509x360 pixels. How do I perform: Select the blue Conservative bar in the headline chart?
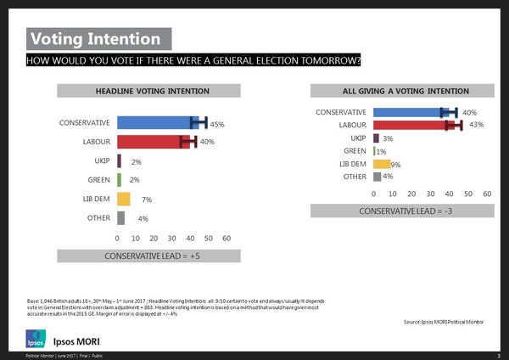point(157,123)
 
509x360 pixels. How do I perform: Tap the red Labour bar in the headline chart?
point(153,142)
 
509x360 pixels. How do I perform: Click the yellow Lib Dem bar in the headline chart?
point(123,199)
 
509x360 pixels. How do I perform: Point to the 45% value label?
point(216,125)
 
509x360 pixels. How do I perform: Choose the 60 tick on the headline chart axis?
point(227,239)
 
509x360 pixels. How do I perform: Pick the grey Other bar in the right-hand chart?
point(378,177)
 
